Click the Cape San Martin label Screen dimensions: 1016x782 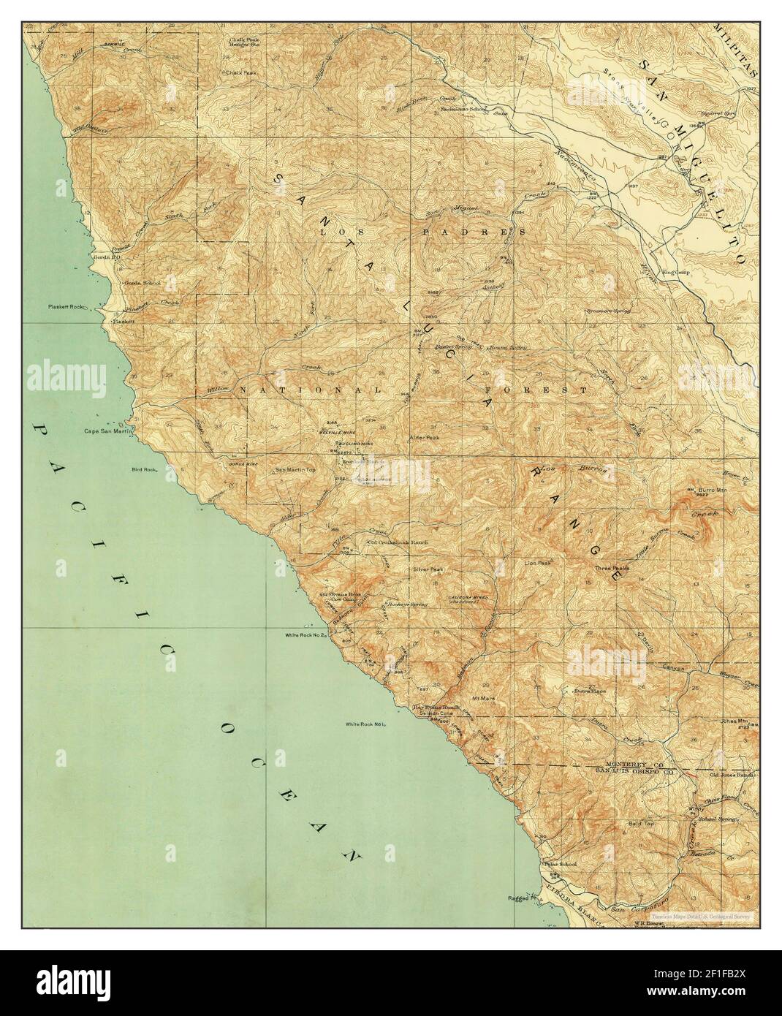click(x=107, y=431)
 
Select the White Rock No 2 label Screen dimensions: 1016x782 click(x=308, y=635)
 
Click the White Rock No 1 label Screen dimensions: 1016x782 click(x=365, y=724)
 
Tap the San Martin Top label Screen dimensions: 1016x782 click(x=295, y=470)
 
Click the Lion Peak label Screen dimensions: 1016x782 click(x=537, y=563)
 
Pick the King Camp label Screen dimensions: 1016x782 click(x=677, y=272)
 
